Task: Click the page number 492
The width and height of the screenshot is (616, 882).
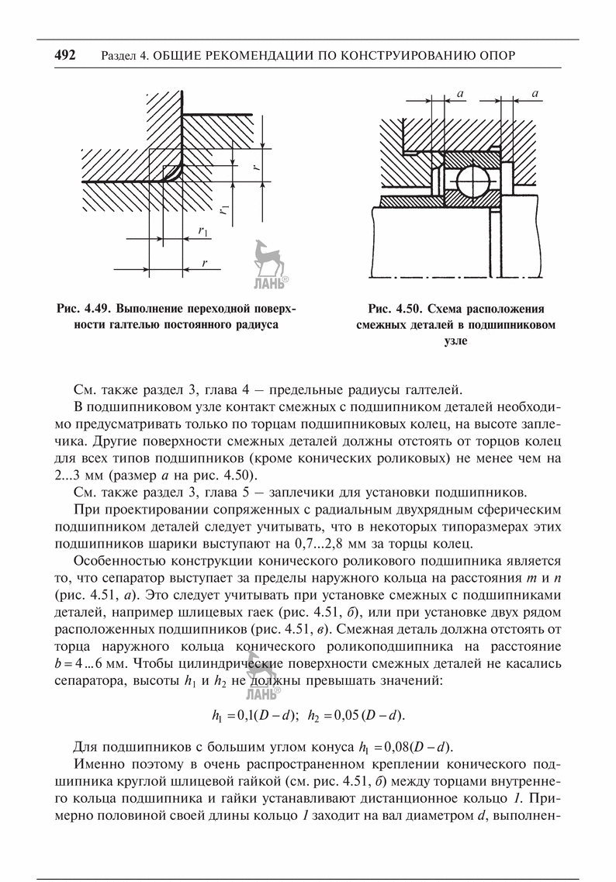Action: [x=64, y=56]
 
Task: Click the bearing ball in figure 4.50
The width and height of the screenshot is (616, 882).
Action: [x=471, y=183]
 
